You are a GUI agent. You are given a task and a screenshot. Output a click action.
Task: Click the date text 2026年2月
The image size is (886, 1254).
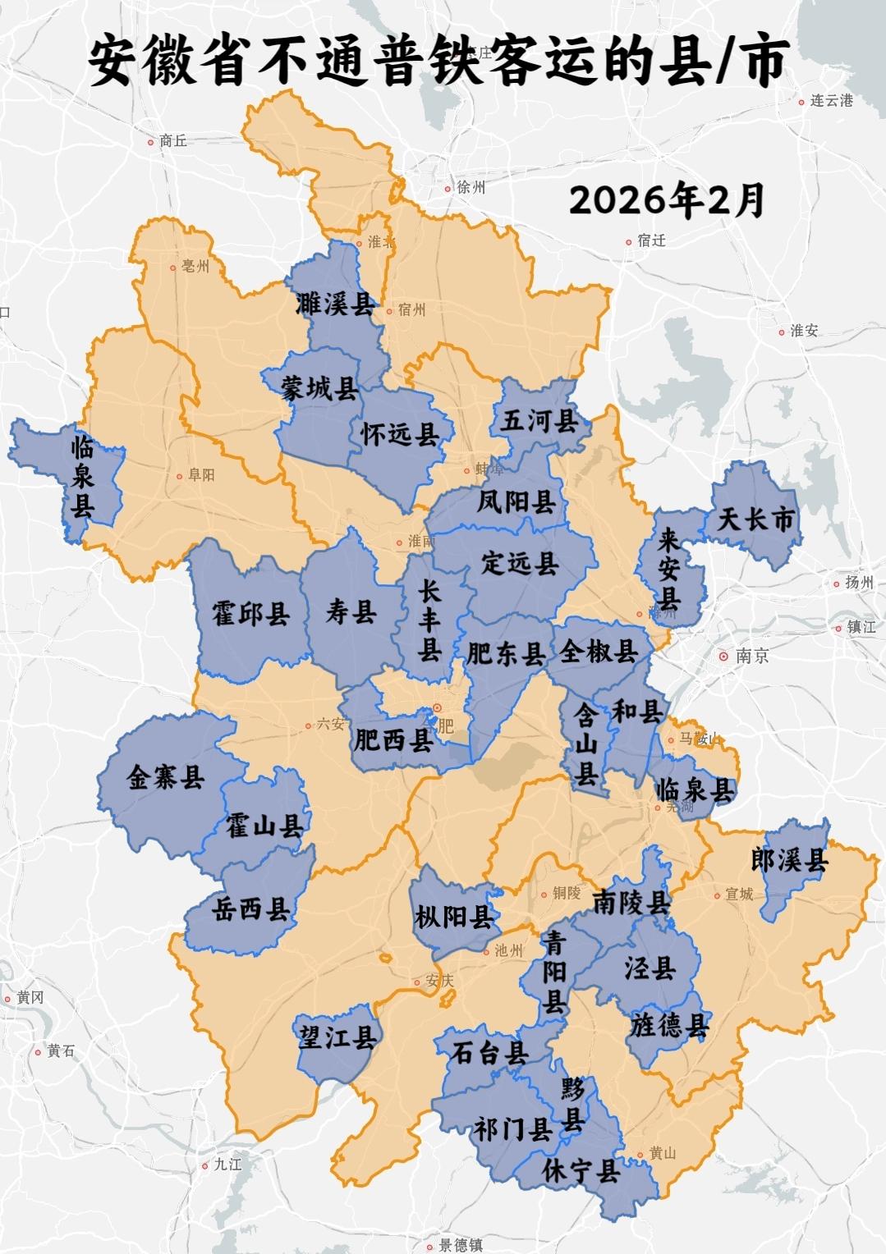[x=667, y=199]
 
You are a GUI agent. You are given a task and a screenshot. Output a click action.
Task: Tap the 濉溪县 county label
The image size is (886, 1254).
[x=335, y=304]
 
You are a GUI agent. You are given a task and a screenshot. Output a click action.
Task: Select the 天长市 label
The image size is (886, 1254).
[x=756, y=519]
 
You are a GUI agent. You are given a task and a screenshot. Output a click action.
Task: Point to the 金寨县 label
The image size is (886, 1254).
[x=165, y=776]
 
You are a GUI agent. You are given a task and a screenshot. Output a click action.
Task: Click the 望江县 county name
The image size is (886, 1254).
[x=337, y=1037]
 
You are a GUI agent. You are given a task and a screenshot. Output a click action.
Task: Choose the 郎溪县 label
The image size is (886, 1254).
[x=790, y=859]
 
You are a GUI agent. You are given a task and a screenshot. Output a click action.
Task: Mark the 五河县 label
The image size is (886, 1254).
[x=539, y=420]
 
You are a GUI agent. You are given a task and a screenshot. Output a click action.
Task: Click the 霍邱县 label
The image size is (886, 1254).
[x=250, y=612]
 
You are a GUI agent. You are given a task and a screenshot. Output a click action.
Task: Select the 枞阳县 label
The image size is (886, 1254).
[x=453, y=916]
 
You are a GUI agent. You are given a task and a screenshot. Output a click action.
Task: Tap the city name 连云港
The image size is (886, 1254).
[x=831, y=101]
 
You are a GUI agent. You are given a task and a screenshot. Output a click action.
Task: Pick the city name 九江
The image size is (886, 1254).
[x=227, y=1164]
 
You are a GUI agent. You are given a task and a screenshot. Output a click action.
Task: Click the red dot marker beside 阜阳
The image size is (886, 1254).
[x=180, y=475]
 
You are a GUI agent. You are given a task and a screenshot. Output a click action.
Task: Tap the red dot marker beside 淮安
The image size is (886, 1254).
[x=782, y=332]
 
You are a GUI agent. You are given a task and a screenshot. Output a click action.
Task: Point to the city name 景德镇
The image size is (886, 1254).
[x=461, y=1245]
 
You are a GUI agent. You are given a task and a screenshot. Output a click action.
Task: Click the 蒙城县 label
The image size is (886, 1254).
[x=319, y=388]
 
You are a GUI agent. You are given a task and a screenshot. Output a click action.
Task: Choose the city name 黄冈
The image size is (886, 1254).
[x=30, y=997]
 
